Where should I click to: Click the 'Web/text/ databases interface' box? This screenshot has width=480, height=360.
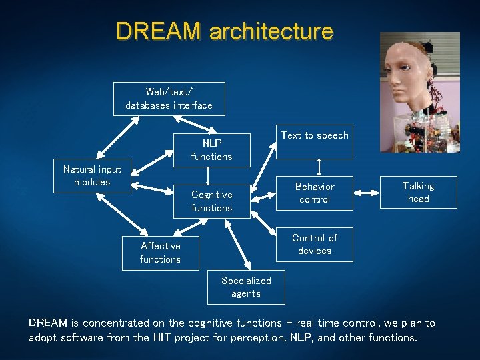[x=169, y=99]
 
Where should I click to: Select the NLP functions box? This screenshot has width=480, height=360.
[x=211, y=150]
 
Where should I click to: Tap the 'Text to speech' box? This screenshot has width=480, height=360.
[x=315, y=141]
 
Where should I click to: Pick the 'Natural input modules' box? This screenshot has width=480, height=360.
[x=92, y=176]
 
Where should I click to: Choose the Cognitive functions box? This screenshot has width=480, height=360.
[x=211, y=201]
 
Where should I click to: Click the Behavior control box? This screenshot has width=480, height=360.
[x=315, y=193]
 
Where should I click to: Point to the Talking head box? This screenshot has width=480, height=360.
[x=418, y=193]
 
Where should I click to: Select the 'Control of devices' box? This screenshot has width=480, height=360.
[x=315, y=244]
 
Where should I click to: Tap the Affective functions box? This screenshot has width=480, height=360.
[x=160, y=253]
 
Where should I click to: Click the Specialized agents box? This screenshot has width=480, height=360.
[x=246, y=287]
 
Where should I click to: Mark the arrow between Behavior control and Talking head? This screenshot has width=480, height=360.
[x=367, y=193]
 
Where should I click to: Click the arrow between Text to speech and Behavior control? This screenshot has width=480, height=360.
[x=320, y=167]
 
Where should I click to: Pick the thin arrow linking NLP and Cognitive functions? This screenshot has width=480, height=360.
[x=209, y=175]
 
